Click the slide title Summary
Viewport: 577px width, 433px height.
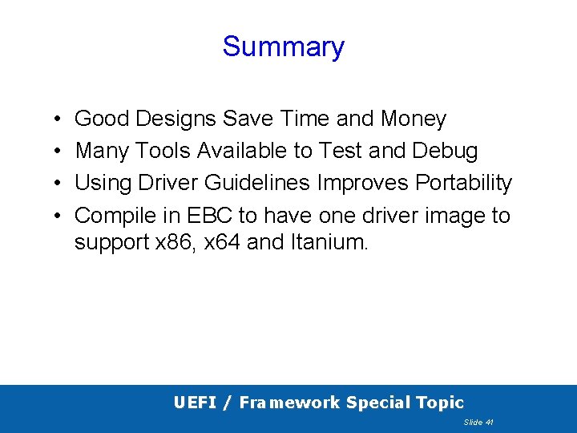point(283,47)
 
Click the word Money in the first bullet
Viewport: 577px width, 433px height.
point(414,119)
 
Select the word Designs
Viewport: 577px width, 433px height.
point(176,119)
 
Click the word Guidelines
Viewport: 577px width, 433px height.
point(257,183)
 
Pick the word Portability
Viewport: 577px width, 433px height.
point(463,184)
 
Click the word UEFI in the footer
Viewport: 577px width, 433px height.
point(195,403)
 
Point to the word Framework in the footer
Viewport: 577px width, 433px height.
point(290,403)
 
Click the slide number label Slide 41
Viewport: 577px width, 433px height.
point(478,422)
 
